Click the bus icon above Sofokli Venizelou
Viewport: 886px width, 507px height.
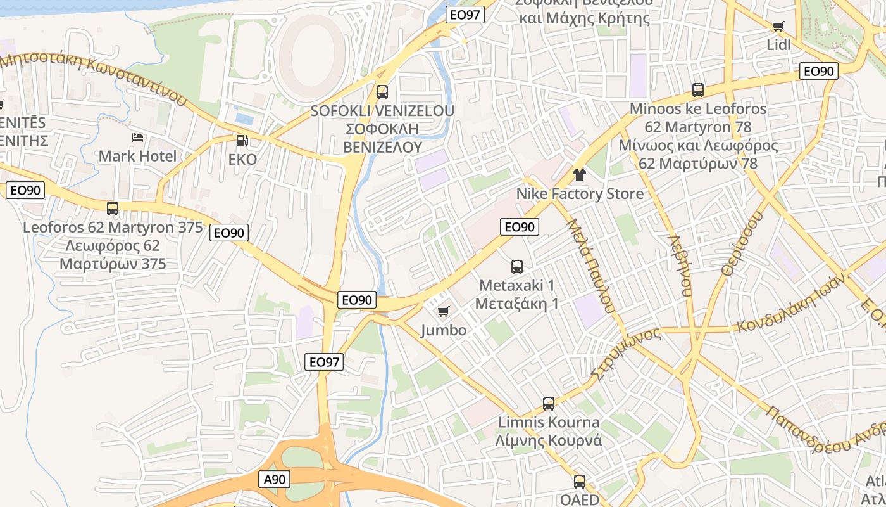382,91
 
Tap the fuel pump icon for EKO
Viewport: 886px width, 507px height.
241,141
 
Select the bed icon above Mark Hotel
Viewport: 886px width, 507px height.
137,138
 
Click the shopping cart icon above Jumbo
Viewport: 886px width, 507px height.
444,311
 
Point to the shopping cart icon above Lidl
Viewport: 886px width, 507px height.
778,27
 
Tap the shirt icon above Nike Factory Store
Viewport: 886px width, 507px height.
579,174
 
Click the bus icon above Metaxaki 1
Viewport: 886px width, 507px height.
517,267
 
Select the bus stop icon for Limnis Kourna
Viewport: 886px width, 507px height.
549,403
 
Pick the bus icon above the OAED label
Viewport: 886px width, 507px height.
579,482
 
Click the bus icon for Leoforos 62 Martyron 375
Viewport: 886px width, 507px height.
113,208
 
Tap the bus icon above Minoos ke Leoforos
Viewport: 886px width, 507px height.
698,90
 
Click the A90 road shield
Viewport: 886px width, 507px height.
274,480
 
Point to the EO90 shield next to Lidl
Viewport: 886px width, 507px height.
819,71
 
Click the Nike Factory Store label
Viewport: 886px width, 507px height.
580,194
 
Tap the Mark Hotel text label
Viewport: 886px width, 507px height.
137,156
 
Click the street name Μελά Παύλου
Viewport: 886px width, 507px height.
590,266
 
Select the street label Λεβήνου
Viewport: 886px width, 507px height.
680,266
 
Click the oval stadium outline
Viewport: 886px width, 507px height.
313,51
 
